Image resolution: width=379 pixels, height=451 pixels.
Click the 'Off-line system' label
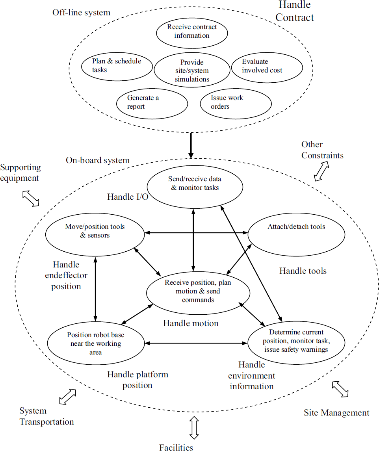pos(81,13)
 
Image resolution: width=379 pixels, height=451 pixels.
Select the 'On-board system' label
pos(98,160)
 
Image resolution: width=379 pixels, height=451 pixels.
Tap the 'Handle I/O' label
pos(128,197)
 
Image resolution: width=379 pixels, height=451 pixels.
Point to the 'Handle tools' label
pos(303,271)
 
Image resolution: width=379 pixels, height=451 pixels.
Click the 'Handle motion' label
pos(191,323)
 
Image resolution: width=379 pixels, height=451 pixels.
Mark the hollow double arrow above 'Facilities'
pos(194,428)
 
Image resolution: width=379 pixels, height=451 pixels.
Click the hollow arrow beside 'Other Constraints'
pos(321,171)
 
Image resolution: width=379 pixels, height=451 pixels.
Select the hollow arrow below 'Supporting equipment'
pos(31,199)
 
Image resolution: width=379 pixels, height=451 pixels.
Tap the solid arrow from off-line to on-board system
pos(191,145)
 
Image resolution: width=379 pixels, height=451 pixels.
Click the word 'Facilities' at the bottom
pos(176,447)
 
